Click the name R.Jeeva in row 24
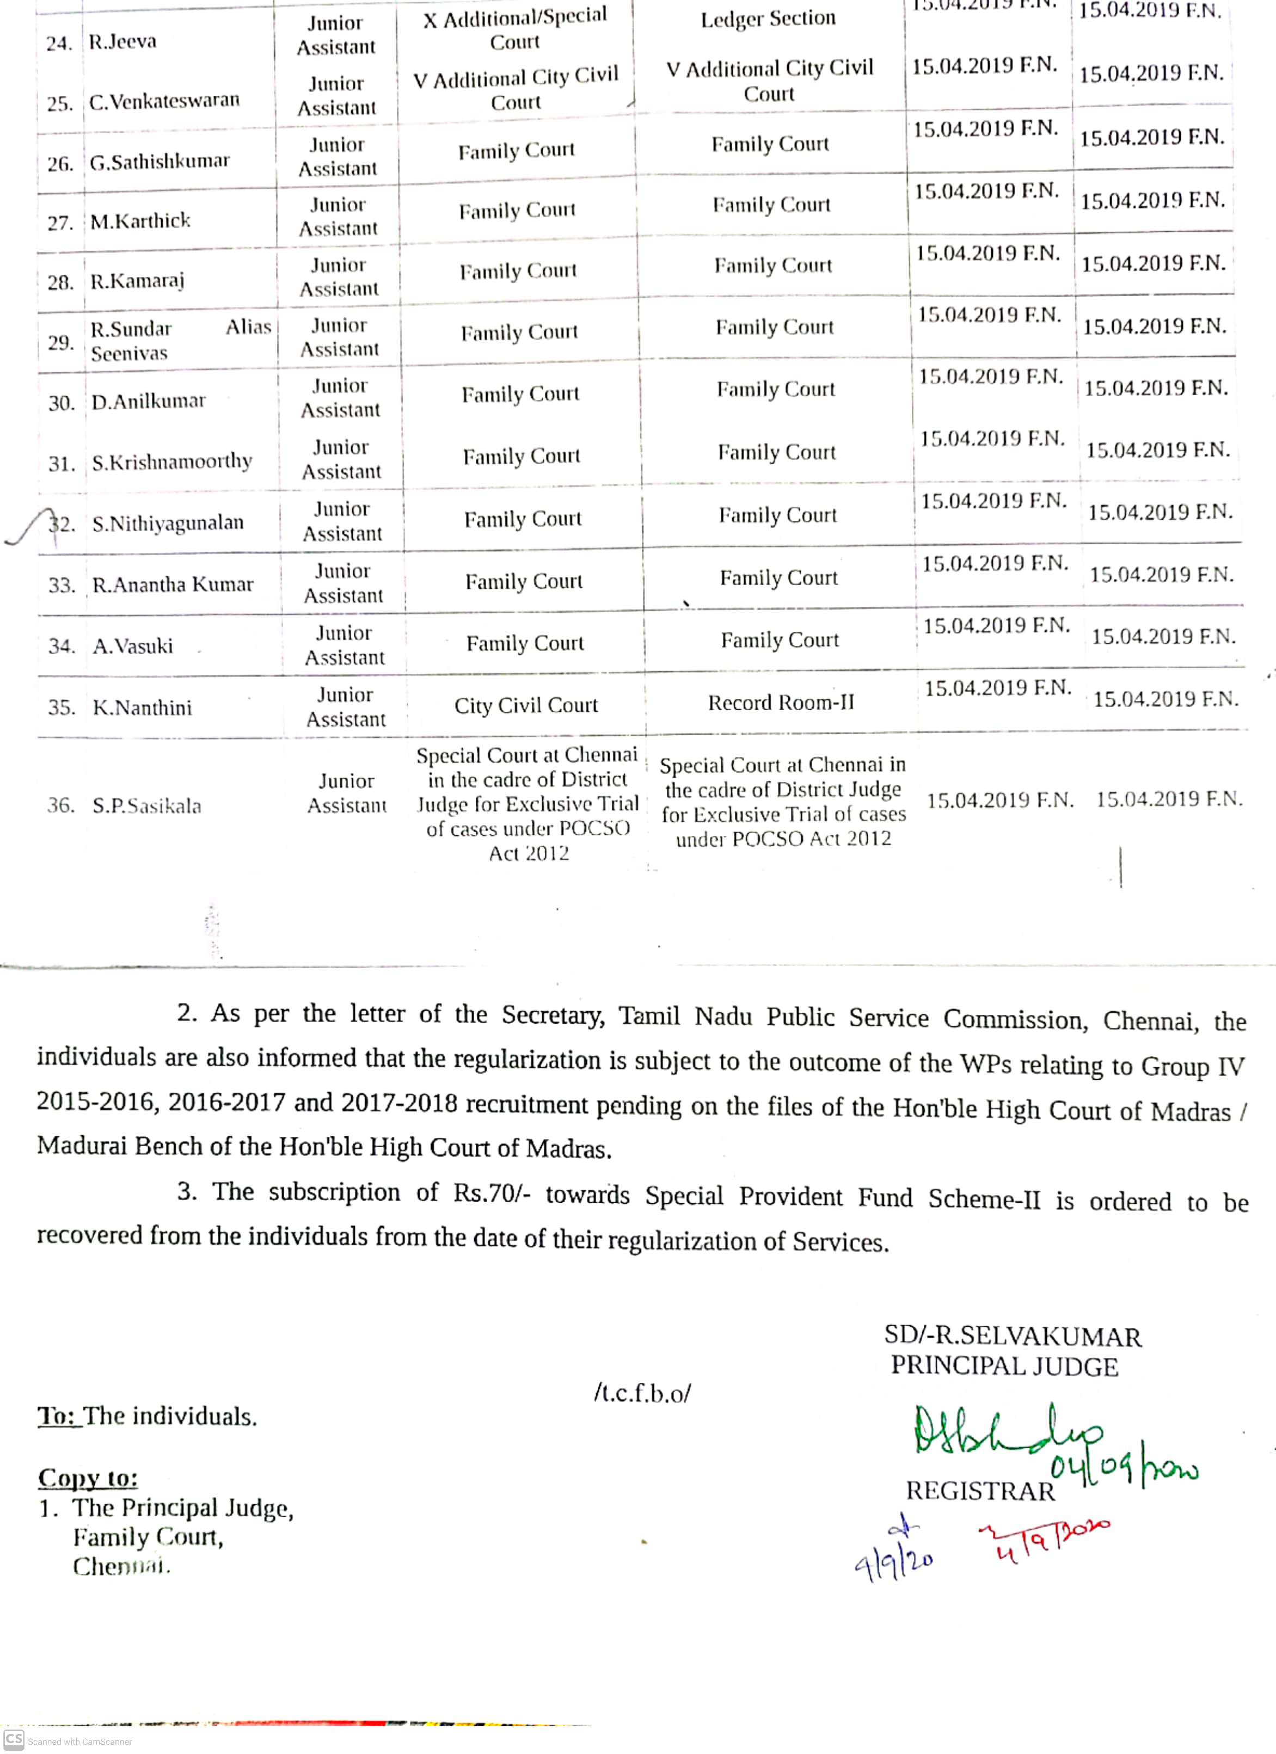point(122,41)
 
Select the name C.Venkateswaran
point(164,101)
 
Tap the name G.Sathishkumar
point(159,162)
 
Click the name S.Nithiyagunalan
point(168,524)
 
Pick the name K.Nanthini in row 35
point(143,707)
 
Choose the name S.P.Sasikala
point(147,806)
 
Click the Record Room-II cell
point(781,703)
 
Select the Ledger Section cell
point(769,19)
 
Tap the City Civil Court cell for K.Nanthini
point(526,705)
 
